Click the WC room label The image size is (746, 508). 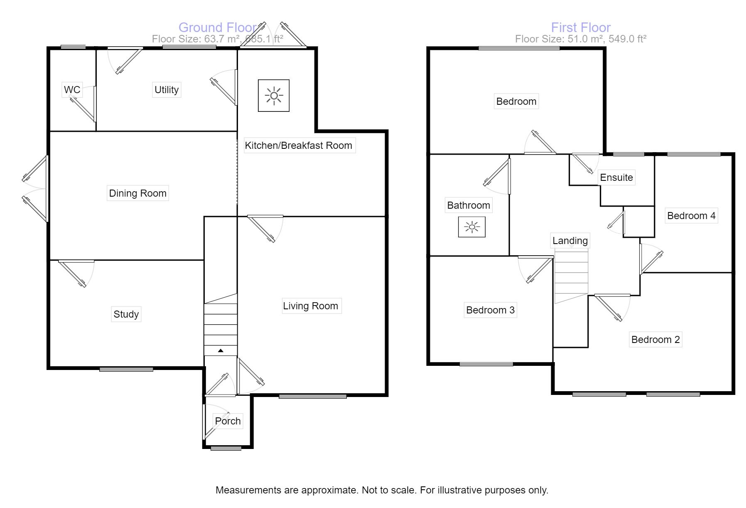[72, 90]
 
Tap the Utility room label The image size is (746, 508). [167, 90]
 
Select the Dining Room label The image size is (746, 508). [137, 193]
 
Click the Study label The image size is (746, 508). [126, 314]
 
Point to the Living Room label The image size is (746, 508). [311, 306]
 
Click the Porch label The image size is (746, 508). [228, 421]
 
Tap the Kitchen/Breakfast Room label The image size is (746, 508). [298, 145]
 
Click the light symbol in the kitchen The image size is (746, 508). [274, 96]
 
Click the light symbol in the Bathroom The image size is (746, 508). [472, 227]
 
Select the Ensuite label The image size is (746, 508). [616, 178]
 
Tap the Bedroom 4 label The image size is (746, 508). [691, 216]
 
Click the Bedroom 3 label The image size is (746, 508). [490, 310]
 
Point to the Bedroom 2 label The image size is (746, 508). [655, 340]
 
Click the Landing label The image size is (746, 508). [570, 241]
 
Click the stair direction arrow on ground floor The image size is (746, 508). [221, 351]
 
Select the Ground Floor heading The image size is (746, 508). [218, 27]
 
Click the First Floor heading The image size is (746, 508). [581, 27]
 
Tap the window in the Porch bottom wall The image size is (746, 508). [226, 448]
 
